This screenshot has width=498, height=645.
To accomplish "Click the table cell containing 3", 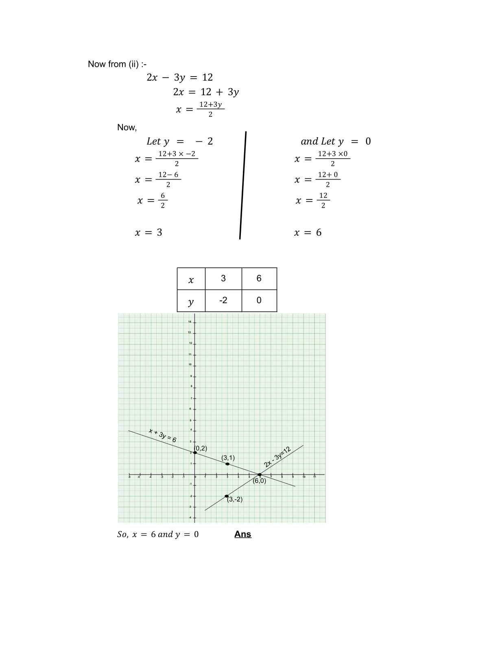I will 223,279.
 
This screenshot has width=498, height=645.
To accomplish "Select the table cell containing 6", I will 259,279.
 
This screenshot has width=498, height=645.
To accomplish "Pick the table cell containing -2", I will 223,301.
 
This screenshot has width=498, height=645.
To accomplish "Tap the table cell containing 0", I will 259,301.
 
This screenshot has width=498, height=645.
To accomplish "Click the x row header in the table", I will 191,279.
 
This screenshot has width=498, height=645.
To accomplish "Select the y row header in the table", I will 191,301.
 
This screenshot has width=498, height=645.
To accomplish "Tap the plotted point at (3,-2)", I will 227,496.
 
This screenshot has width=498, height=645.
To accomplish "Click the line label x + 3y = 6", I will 162,435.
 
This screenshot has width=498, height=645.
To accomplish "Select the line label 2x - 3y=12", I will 277,457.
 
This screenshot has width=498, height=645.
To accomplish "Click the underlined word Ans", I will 243,534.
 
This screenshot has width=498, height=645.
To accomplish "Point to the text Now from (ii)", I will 117,64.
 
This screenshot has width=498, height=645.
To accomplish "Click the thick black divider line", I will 243,185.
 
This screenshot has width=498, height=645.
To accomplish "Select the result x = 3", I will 149,233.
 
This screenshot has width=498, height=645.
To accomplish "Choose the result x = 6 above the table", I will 308,233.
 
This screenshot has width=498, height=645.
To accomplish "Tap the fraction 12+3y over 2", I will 211,109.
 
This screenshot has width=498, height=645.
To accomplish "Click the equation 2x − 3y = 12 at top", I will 179,77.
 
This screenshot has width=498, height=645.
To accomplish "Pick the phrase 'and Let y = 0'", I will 336,141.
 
